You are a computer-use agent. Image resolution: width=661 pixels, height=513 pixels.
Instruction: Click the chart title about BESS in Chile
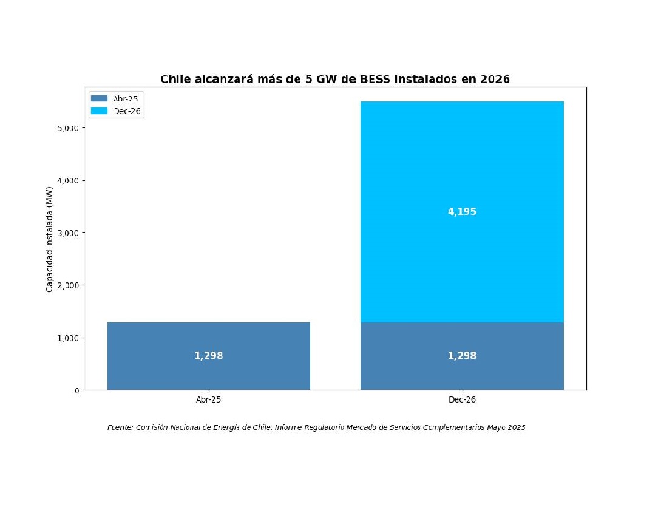click(334, 80)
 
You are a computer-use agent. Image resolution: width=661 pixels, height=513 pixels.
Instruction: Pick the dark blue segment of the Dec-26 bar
click(462, 370)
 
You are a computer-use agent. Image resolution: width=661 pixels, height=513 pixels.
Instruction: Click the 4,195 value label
click(462, 212)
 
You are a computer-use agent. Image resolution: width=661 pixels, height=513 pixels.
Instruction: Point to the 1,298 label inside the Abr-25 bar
click(209, 356)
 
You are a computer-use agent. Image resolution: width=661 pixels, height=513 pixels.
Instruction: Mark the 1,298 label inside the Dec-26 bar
click(462, 356)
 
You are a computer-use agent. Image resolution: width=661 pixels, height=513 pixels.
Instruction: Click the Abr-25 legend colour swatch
click(99, 98)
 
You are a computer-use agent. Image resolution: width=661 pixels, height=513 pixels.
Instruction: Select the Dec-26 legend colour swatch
click(99, 111)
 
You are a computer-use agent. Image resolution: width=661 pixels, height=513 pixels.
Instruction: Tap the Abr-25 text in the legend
click(126, 98)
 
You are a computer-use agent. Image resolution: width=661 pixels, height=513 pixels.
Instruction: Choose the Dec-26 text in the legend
click(127, 111)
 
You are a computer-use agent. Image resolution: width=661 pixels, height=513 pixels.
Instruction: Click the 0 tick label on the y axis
click(77, 390)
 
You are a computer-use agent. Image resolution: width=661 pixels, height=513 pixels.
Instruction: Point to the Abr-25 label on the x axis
click(209, 400)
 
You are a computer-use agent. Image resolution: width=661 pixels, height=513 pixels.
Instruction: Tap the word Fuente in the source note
click(120, 427)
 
